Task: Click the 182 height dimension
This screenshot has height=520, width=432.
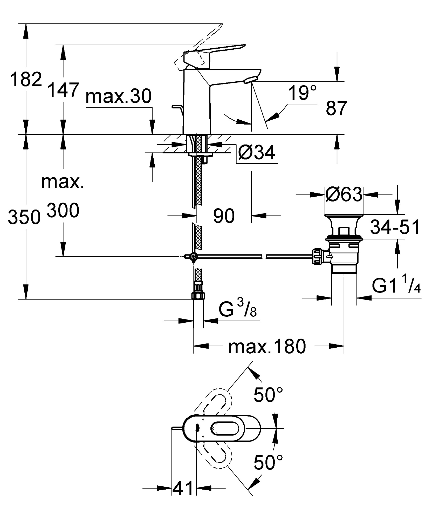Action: (26, 80)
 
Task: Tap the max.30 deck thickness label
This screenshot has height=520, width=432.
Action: (118, 96)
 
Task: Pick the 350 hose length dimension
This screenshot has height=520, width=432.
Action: (24, 217)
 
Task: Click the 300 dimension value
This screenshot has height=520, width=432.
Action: (63, 211)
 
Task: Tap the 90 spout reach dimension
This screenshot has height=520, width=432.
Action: (224, 216)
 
